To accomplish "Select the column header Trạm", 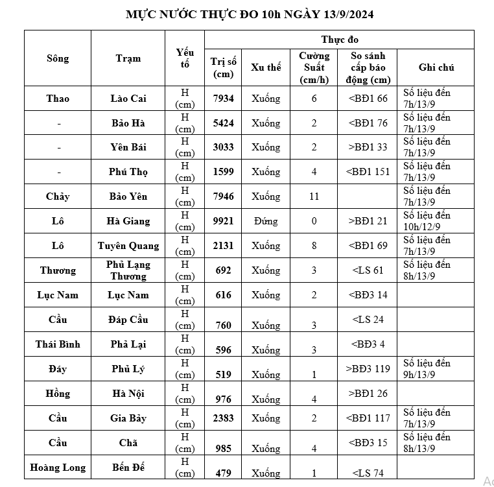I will pos(128,58).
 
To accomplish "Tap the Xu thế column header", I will pos(266,67).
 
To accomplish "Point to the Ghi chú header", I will pos(436,67).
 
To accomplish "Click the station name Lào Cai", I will pos(128,99).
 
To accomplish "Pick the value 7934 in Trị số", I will pos(224,99).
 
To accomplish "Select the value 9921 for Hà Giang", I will pos(224,221).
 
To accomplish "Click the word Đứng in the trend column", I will pos(266,221).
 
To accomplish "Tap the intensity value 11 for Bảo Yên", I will pos(314,196).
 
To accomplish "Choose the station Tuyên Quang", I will pos(128,246).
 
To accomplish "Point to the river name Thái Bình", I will pos(58,344).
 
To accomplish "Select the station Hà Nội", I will pos(128,394).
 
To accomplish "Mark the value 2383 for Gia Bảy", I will pos(224,418).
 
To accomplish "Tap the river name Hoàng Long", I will pos(58,468).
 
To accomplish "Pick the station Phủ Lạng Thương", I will pos(128,270).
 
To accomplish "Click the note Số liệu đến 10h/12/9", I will pos(427,221).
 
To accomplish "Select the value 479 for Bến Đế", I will pos(224,473).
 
